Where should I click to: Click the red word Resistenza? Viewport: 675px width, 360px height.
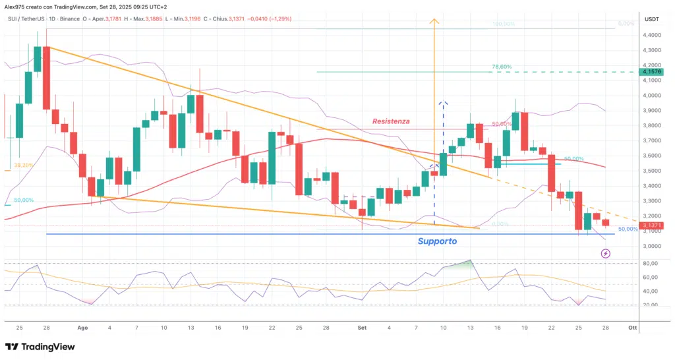tap(391, 121)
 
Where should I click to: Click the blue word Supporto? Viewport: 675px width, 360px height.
tap(437, 241)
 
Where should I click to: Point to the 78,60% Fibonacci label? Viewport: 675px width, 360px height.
tap(502, 67)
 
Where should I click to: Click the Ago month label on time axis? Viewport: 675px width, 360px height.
tap(82, 327)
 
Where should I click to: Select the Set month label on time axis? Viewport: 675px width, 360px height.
tap(362, 327)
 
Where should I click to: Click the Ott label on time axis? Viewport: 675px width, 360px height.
tap(632, 327)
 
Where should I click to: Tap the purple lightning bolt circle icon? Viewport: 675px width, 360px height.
tap(606, 253)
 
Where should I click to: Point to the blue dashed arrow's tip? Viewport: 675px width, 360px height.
tap(443, 103)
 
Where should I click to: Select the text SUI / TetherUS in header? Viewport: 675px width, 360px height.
tap(24, 19)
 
